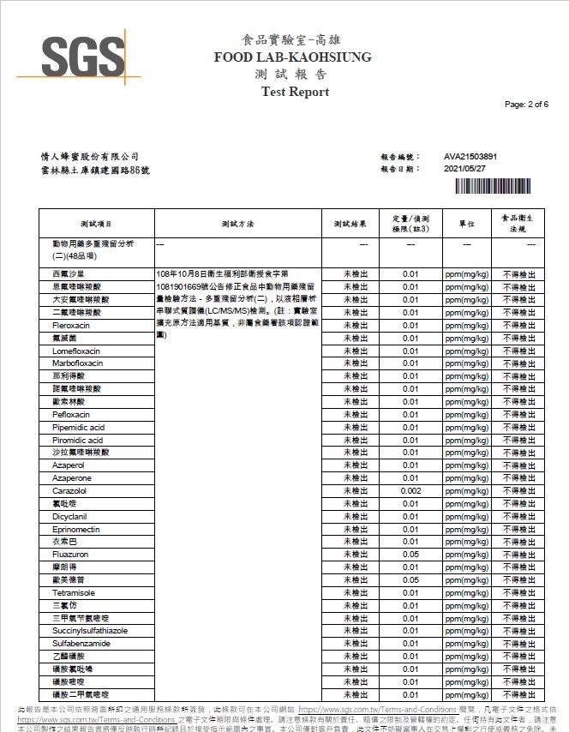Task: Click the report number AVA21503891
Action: (470, 157)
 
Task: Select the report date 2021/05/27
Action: (465, 169)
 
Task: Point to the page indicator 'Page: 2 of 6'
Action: (526, 104)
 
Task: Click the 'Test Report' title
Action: (295, 92)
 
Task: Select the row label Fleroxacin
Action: (72, 326)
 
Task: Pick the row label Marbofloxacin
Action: (77, 363)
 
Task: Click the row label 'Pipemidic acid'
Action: (78, 427)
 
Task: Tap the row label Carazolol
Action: (70, 491)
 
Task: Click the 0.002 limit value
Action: (410, 491)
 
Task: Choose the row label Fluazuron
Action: (71, 555)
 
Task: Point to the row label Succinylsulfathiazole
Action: (90, 631)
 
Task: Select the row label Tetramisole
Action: (74, 593)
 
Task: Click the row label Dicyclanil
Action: (71, 517)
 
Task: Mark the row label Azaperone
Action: (72, 478)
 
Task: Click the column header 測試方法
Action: (237, 223)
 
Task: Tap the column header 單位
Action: (466, 223)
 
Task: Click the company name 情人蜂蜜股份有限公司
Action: (90, 157)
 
